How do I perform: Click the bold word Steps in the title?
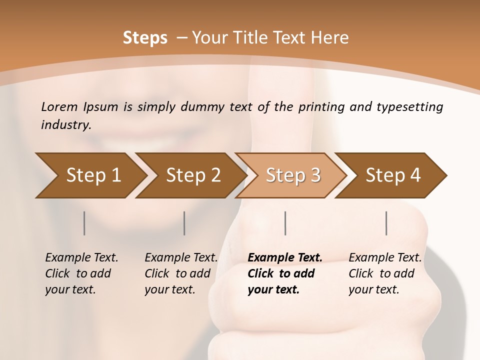point(145,38)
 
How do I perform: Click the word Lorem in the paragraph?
point(59,107)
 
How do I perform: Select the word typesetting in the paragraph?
point(408,107)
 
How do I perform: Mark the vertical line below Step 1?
point(84,223)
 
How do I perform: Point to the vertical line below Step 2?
point(184,223)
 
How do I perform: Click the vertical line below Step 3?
point(285,223)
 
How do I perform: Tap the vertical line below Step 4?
point(386,223)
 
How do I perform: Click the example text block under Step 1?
point(81,273)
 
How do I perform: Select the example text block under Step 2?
point(181,273)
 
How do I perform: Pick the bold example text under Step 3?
point(285,273)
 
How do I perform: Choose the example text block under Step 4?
point(385,273)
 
